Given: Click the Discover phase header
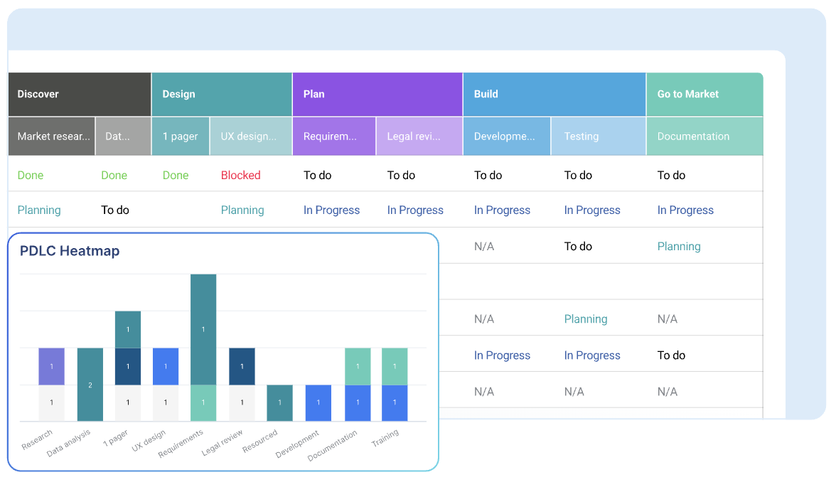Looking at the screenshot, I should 38,94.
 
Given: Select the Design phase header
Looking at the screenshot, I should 178,94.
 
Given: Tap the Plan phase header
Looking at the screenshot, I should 314,94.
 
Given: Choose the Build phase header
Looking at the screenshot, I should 486,94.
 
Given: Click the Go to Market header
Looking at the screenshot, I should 687,94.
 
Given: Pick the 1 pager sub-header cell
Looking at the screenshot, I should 181,136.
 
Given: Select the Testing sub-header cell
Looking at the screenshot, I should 582,136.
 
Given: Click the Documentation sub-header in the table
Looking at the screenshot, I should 693,136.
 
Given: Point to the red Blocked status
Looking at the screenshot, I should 241,176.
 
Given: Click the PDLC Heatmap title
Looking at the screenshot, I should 70,251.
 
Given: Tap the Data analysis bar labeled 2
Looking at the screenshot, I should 90,385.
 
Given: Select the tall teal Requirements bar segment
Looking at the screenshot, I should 203,329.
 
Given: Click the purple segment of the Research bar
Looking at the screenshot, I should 52,366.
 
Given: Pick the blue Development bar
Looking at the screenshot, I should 318,403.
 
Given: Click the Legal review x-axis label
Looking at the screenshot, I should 223,442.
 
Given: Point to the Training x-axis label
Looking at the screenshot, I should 385,439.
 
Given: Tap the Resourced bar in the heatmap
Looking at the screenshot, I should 279,403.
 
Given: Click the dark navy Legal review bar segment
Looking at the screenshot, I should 242,366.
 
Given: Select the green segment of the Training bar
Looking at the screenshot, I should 395,366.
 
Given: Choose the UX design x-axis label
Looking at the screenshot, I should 149,441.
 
